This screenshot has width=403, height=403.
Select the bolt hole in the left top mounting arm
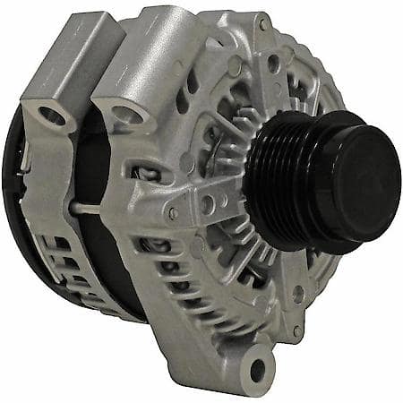[52, 116]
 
